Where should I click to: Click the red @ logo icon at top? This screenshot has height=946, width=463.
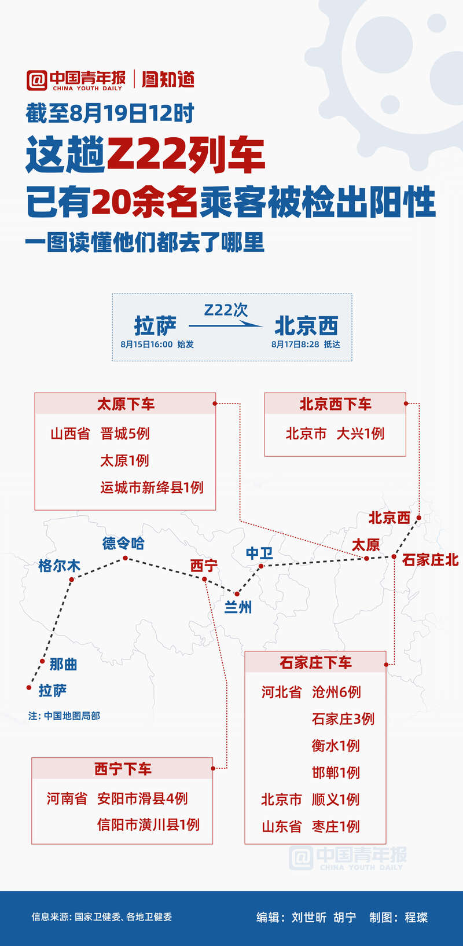[x=36, y=80]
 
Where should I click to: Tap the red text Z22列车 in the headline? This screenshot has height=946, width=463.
[x=185, y=155]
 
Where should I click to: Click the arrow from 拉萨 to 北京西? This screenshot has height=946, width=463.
[x=226, y=325]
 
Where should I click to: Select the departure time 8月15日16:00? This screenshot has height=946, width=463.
[x=146, y=344]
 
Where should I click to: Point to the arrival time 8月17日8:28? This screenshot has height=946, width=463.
[x=295, y=344]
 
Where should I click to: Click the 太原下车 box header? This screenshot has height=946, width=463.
[x=126, y=404]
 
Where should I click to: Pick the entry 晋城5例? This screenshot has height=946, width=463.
[x=125, y=434]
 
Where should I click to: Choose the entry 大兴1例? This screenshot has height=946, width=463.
[x=361, y=434]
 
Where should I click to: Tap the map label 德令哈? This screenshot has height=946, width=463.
[x=123, y=542]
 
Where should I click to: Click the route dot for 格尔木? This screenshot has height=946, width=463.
[x=72, y=580]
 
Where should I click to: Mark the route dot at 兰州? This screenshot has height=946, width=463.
[x=237, y=594]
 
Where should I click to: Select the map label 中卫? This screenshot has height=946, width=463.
[x=259, y=553]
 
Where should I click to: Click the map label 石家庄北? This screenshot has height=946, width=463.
[x=430, y=560]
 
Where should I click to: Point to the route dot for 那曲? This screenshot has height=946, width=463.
[x=42, y=661]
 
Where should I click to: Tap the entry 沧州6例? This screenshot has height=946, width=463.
[x=336, y=692]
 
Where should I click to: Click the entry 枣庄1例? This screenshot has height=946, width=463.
[x=336, y=827]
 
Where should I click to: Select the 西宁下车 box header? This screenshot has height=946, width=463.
[x=122, y=769]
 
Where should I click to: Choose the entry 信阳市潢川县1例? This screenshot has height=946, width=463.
[x=148, y=825]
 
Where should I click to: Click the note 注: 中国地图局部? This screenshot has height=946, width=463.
[x=64, y=716]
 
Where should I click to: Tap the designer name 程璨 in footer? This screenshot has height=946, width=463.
[x=416, y=917]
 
